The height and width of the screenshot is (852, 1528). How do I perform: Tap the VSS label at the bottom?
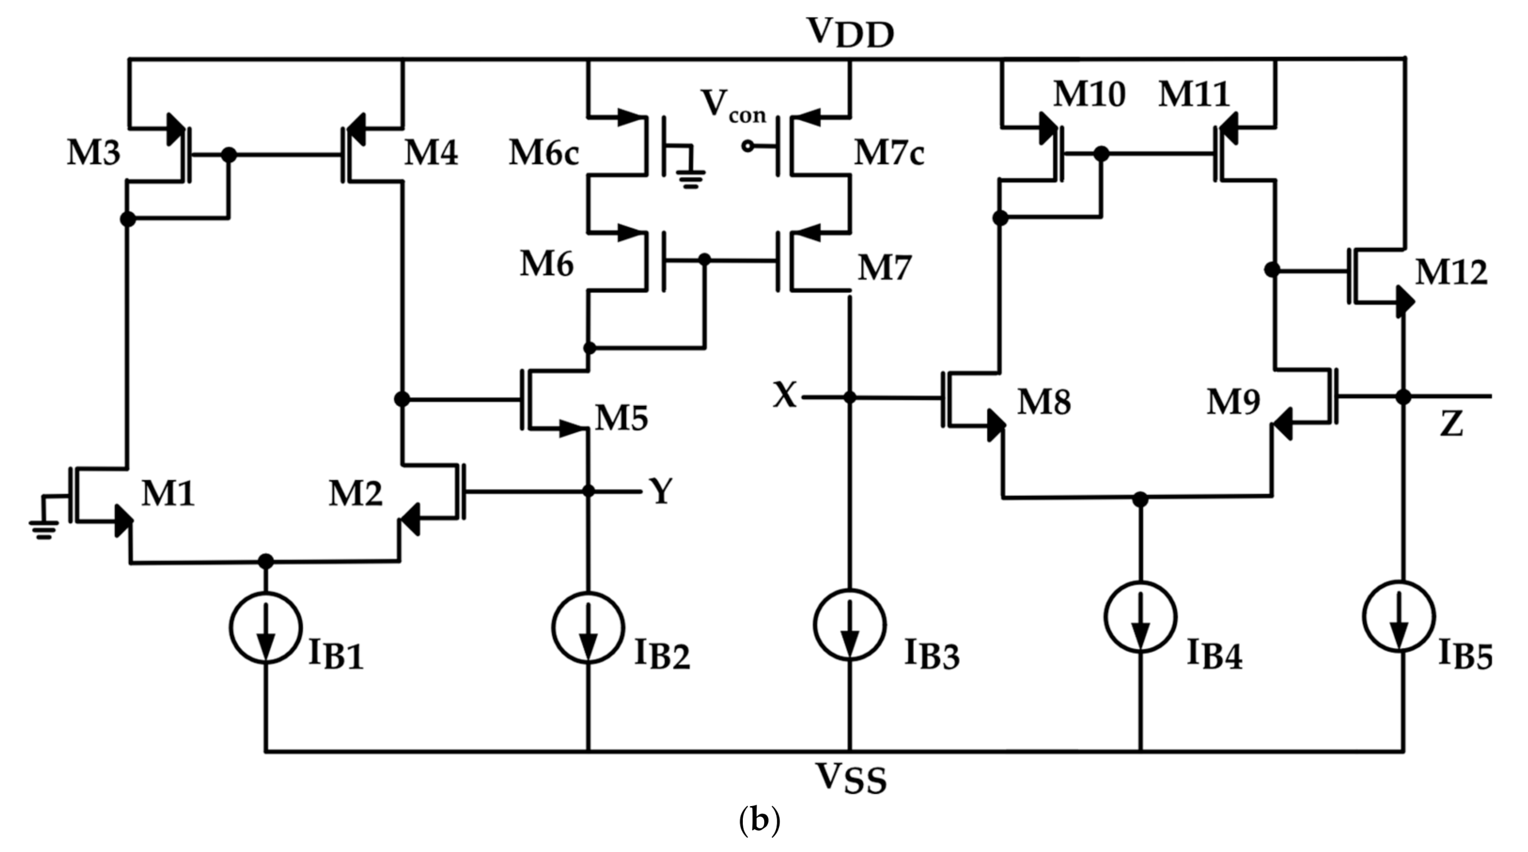(851, 778)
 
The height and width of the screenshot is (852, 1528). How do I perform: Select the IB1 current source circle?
(266, 626)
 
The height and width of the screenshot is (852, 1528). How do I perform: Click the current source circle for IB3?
(850, 624)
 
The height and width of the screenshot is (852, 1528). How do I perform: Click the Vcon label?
(733, 107)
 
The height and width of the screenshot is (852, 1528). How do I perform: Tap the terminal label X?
(784, 395)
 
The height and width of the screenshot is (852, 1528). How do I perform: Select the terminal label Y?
(661, 491)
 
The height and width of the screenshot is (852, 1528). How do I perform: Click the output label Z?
(1451, 425)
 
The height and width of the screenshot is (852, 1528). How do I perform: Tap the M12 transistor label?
(1451, 273)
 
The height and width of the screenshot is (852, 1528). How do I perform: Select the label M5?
(622, 419)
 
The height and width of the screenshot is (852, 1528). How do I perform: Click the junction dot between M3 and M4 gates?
(228, 155)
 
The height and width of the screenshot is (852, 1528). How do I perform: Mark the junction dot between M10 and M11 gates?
(1101, 154)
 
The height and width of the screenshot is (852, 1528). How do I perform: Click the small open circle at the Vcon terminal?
(748, 146)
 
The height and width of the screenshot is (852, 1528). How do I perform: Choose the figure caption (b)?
(759, 820)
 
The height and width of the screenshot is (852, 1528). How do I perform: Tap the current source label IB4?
(1213, 655)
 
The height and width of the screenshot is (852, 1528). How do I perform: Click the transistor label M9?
(1234, 402)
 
